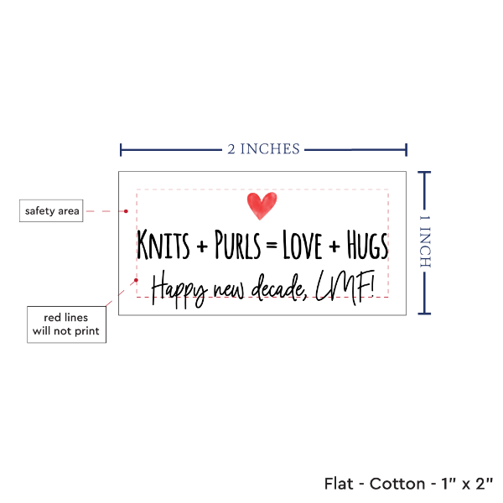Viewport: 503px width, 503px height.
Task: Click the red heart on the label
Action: click(x=262, y=205)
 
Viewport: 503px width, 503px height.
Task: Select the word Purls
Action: click(x=236, y=246)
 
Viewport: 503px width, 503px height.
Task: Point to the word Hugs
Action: click(x=367, y=246)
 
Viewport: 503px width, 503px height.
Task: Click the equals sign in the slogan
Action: click(x=271, y=246)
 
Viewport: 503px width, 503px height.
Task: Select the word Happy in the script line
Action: click(x=179, y=288)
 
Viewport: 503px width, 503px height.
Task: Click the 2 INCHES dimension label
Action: click(x=263, y=149)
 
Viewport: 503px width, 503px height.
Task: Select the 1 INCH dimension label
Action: click(x=424, y=241)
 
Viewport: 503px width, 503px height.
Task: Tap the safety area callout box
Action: click(x=52, y=210)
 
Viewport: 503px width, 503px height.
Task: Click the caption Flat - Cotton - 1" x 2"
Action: click(x=409, y=484)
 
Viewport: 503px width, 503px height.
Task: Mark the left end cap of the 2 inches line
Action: click(x=122, y=149)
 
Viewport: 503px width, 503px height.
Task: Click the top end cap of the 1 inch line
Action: click(x=425, y=172)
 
